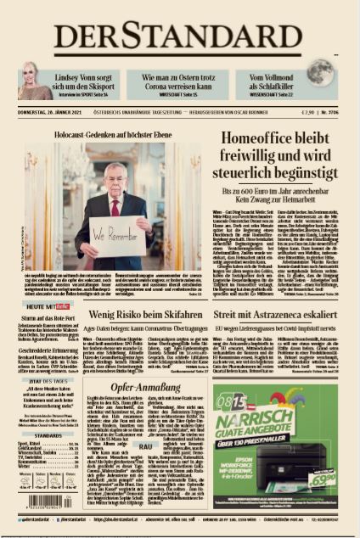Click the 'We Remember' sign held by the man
point(115,233)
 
